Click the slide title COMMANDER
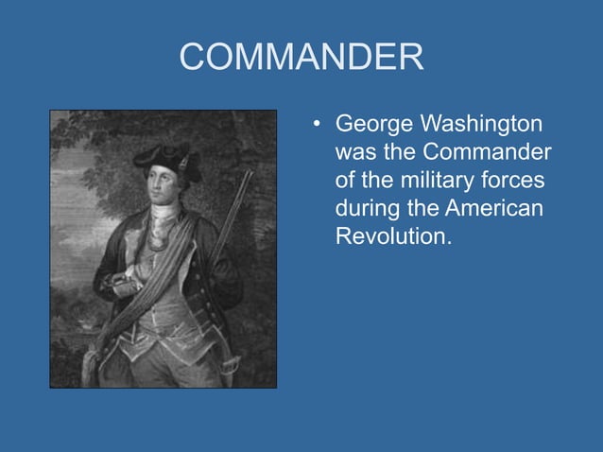pos(301,59)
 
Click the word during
pos(365,208)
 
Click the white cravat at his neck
pos(165,212)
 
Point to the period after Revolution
pos(448,243)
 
